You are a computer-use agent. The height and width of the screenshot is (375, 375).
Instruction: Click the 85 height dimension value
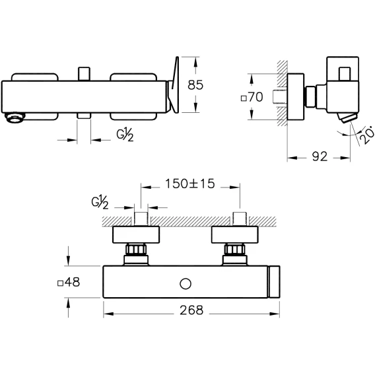click(195, 85)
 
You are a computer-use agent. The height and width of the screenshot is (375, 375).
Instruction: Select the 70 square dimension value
click(256, 97)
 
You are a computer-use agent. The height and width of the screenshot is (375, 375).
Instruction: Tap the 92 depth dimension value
click(320, 156)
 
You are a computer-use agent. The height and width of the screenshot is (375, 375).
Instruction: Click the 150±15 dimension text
click(190, 184)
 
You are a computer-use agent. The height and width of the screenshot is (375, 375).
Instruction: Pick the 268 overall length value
click(191, 310)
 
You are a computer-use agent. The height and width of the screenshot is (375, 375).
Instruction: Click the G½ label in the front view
click(125, 135)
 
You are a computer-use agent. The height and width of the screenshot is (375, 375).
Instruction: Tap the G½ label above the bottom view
click(100, 202)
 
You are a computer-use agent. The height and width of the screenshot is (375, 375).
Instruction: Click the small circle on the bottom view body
click(186, 284)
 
